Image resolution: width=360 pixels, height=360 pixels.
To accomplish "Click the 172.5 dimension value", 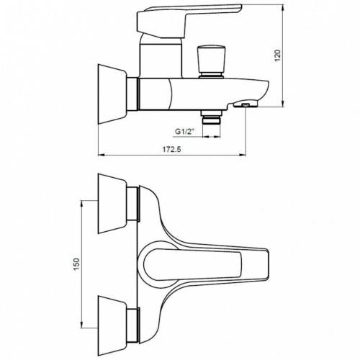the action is (172, 149).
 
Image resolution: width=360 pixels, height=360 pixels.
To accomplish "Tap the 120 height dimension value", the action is (277, 55).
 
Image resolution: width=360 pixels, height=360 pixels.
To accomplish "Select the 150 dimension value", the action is (76, 264).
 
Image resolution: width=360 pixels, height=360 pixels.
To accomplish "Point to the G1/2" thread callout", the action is (184, 132).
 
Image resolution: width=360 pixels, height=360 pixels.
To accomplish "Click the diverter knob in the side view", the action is (212, 61).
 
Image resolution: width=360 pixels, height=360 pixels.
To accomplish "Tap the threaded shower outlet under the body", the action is (212, 117).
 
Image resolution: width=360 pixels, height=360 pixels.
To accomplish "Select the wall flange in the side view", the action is (112, 94).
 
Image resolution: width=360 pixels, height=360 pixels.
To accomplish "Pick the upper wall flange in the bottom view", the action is (112, 204).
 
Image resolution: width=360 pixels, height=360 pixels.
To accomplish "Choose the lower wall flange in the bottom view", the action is (112, 325).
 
